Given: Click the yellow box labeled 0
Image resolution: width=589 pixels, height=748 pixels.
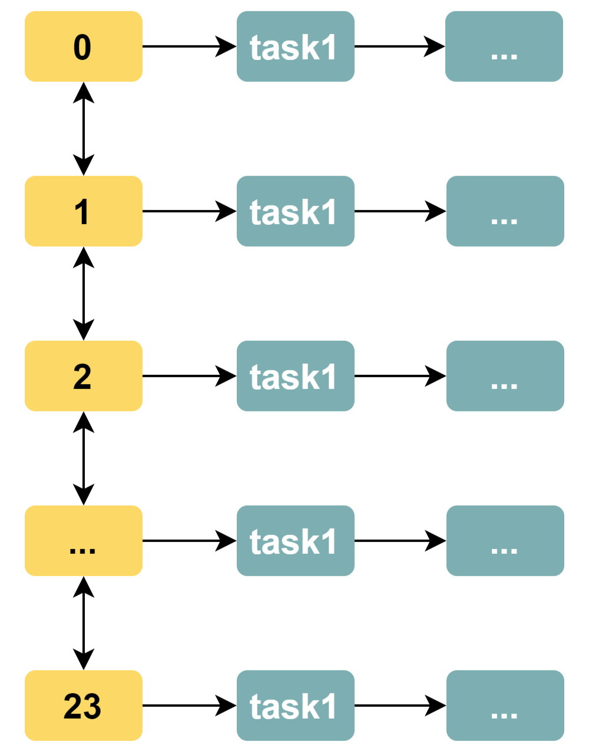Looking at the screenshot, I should [x=83, y=46].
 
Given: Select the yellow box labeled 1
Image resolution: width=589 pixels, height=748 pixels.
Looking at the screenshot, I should [x=83, y=211].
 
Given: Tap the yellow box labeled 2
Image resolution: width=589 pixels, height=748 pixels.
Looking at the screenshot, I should [x=83, y=376].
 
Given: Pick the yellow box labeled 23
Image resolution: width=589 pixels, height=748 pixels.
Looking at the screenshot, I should [x=83, y=706].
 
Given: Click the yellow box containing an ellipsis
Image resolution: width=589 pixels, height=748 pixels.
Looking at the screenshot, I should [x=83, y=541].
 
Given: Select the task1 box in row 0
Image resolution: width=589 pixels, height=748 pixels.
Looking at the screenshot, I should [x=295, y=46].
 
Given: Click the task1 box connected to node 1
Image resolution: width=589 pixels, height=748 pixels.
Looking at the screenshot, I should [x=295, y=211].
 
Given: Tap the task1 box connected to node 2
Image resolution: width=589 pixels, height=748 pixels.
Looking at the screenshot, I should [x=295, y=376].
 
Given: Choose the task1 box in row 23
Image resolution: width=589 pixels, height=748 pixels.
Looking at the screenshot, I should [x=295, y=706].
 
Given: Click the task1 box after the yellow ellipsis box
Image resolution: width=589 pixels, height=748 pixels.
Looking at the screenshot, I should [x=295, y=541].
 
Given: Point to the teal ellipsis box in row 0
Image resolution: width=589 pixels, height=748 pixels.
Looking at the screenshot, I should [x=504, y=46].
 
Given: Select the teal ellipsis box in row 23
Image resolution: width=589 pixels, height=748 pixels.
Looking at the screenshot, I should [x=505, y=706].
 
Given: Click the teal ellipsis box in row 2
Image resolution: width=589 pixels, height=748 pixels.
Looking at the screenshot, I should [x=505, y=376].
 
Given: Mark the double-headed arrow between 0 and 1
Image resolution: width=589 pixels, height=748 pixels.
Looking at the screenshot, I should [x=84, y=129].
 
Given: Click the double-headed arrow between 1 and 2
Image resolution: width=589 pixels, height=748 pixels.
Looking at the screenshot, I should [x=84, y=294].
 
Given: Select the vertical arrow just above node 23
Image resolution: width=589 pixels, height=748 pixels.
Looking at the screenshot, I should [x=84, y=623].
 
